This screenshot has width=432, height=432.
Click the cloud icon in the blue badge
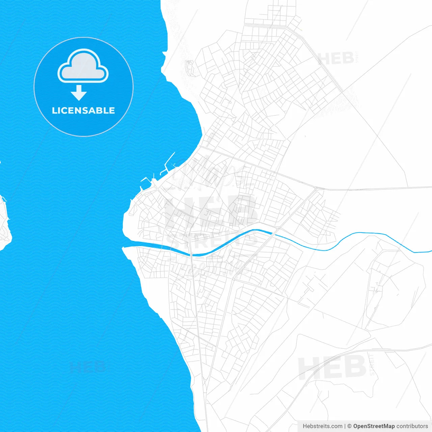83,66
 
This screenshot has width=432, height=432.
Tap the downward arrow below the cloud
79,93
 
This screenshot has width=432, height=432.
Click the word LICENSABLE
83,110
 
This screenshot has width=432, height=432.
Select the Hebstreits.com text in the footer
322,426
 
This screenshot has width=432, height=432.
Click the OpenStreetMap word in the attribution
374,426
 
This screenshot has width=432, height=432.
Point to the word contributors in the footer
412,426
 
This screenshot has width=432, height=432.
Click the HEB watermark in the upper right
336,58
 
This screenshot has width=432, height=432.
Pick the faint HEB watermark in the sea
87,366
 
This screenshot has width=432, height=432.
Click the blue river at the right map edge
425,251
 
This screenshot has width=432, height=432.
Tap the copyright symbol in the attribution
350,426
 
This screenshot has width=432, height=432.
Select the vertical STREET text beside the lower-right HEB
372,365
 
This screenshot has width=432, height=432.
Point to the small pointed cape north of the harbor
164,55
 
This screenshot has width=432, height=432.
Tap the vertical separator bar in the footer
345,426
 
